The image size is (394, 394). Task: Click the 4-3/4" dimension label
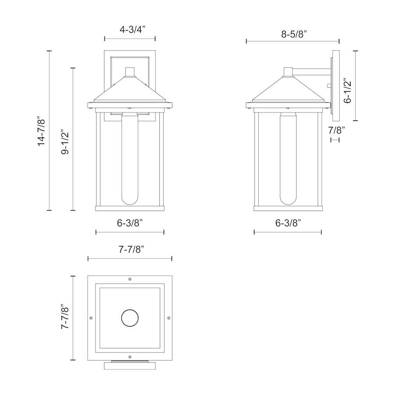click(133, 30)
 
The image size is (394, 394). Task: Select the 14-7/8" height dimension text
click(41, 130)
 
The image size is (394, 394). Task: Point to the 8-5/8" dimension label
click(294, 34)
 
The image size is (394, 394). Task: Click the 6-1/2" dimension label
click(348, 92)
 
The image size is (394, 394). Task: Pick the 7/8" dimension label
click(337, 130)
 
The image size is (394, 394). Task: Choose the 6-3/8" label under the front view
click(130, 223)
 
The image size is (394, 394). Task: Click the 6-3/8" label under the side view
click(288, 223)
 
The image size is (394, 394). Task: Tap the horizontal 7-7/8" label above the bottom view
click(131, 249)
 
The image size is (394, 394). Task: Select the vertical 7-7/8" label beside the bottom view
click(65, 317)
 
